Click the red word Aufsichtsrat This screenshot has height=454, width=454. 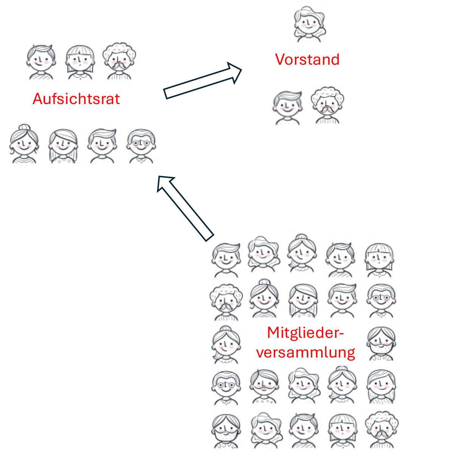coord(76,99)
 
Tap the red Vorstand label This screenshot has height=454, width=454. coord(307,59)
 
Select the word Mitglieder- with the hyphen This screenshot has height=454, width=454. coord(306,333)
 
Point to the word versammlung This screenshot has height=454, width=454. coord(306,353)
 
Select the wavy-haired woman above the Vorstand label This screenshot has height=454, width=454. coord(309,24)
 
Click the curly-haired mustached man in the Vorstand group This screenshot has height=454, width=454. coord(327,105)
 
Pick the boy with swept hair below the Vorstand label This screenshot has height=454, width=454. coord(288,108)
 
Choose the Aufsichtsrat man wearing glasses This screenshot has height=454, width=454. coord(141,146)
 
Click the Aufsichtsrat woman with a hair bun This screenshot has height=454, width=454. coord(24,144)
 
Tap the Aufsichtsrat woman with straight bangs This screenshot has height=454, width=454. coord(80,62)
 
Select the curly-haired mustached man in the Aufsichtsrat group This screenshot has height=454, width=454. coord(119,61)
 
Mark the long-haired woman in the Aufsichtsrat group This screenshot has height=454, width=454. coord(63,146)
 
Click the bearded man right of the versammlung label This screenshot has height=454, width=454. coord(381,344)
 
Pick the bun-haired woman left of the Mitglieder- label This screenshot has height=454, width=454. coord(226,344)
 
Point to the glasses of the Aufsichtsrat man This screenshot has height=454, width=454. coord(141,143)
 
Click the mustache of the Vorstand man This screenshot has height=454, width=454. coord(327,110)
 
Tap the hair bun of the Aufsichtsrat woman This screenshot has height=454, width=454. coord(25,127)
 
